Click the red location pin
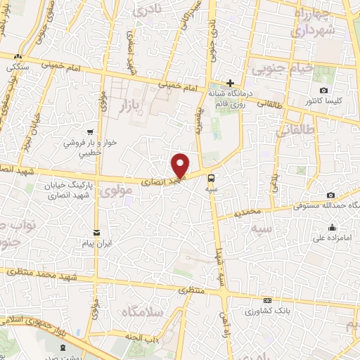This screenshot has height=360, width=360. tap(181, 165)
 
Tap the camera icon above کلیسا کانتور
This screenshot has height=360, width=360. tap(323, 90)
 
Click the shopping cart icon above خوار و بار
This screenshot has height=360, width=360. tap(90, 131)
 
